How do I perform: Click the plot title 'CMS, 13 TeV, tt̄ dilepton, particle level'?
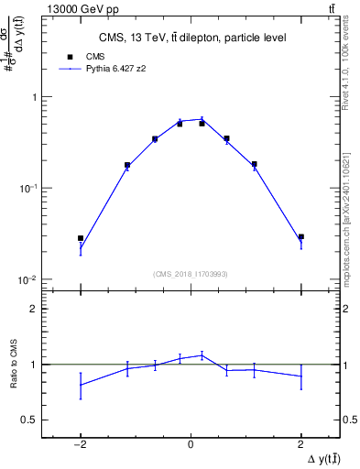tap(191, 37)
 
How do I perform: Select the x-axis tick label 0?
tap(191, 445)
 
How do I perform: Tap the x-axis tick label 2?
tap(301, 445)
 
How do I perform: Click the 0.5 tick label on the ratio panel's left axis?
tap(30, 420)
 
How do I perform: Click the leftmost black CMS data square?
tap(81, 238)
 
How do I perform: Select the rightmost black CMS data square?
tap(301, 237)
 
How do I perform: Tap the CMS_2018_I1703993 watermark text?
tap(191, 273)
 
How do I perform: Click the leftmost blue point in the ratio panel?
tap(81, 385)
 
